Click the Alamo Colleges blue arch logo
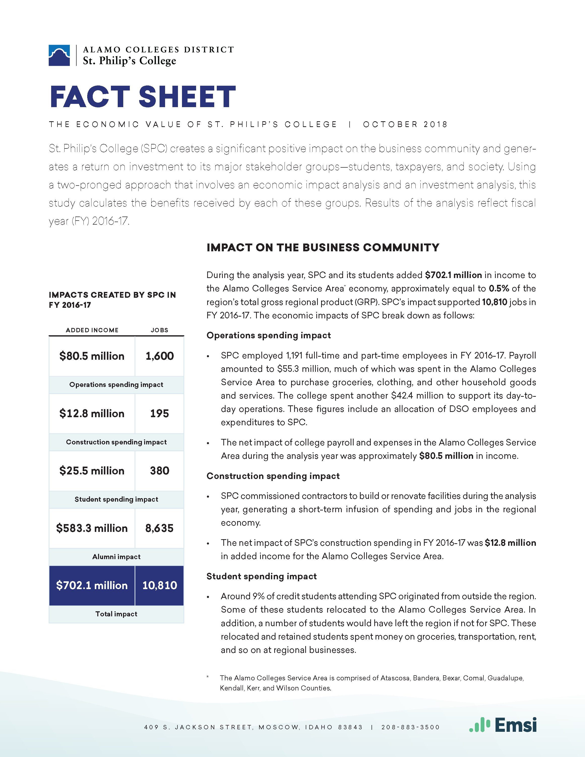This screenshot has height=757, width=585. tap(59, 55)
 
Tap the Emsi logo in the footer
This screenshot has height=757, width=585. tap(503, 725)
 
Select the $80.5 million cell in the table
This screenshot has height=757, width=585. tap(92, 356)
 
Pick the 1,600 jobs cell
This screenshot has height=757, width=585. tap(159, 356)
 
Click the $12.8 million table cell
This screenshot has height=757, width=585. tap(92, 413)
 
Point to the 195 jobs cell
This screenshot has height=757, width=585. tap(159, 413)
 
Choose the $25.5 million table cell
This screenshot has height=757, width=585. tap(92, 471)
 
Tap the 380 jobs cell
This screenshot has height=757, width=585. tap(159, 471)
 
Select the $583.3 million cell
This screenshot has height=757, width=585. tap(92, 528)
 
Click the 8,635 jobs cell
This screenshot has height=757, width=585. tap(159, 528)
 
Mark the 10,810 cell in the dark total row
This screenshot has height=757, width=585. tap(159, 585)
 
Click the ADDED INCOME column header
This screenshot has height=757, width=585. tap(92, 330)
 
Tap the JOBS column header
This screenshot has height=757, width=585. tap(159, 330)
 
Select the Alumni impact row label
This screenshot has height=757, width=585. tap(116, 557)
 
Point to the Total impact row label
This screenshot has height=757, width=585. tap(116, 614)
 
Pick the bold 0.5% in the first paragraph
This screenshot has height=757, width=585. tap(499, 288)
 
